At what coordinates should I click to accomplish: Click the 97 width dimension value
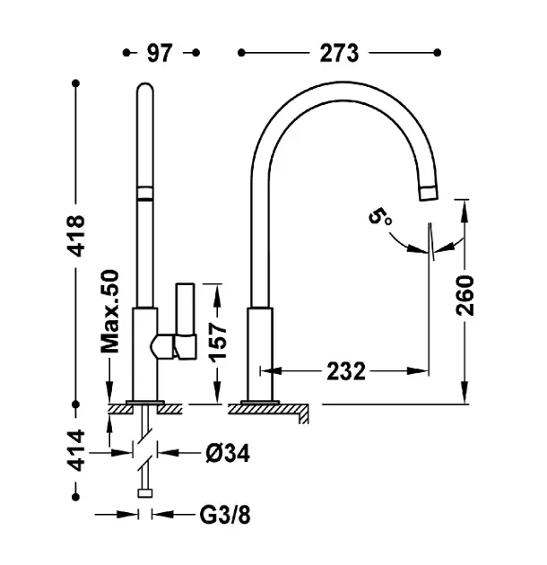point(160,53)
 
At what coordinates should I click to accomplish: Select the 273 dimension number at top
point(339,53)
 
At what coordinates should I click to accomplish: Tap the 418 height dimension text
point(77,236)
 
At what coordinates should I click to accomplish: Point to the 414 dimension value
point(77,450)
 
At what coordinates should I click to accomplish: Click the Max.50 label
point(109,311)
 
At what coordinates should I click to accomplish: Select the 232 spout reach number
point(346,371)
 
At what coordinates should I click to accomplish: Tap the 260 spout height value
point(465,295)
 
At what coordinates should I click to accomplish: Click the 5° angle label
point(380,217)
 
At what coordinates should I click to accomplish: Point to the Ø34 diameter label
point(228,453)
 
